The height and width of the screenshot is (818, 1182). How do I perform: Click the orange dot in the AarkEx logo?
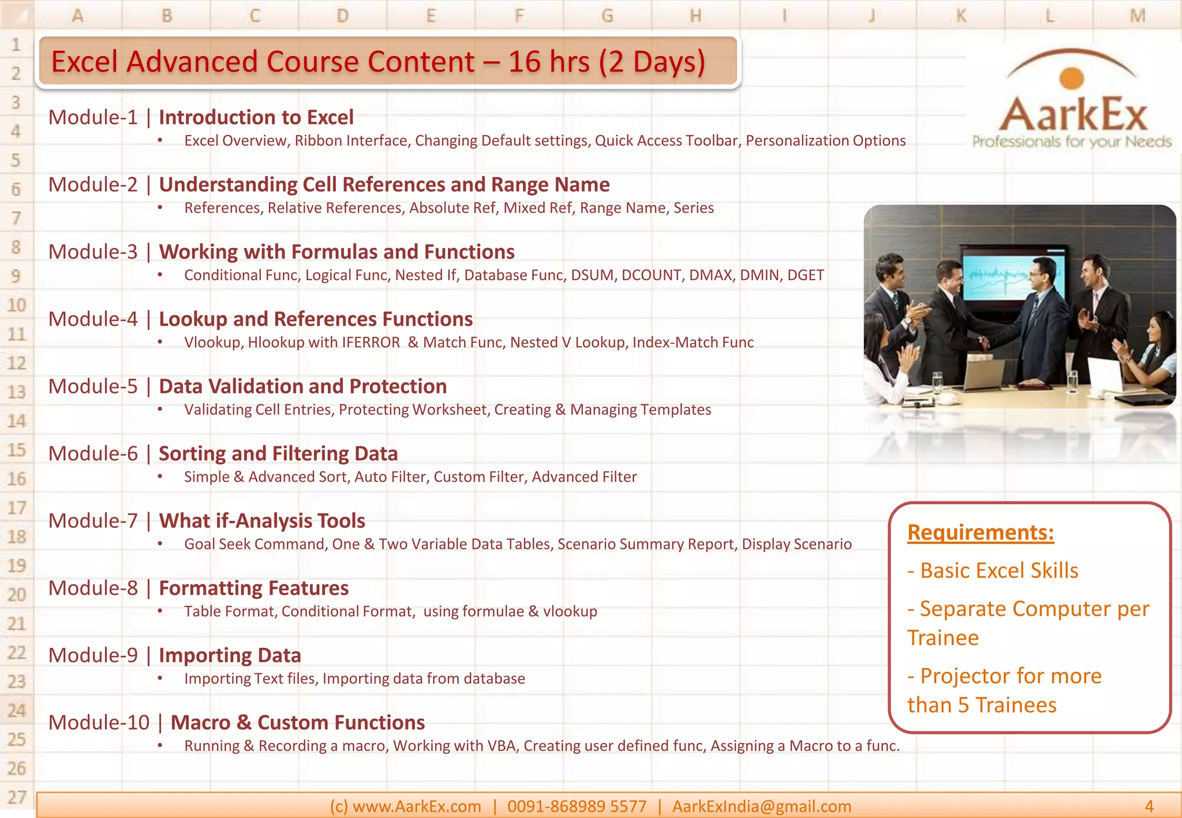point(1072,78)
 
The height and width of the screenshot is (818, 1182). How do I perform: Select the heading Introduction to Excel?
point(256,118)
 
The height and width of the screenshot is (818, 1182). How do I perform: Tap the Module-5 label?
point(93,387)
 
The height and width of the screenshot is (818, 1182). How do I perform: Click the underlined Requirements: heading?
point(980,532)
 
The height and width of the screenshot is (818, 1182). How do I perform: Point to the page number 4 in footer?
point(1149,806)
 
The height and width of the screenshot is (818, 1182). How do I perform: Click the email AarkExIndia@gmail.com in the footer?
point(761,806)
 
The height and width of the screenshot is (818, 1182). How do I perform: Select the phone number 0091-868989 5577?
point(577,806)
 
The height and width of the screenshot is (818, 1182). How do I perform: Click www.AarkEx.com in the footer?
point(416,806)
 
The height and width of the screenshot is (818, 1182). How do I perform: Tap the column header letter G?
point(607,15)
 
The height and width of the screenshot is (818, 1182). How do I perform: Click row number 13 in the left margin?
point(17,392)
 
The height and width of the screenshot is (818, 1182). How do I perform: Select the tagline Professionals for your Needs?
point(1072,142)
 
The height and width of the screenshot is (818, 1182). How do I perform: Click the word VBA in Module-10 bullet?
point(501,746)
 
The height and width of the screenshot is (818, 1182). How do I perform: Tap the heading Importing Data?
point(230,656)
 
